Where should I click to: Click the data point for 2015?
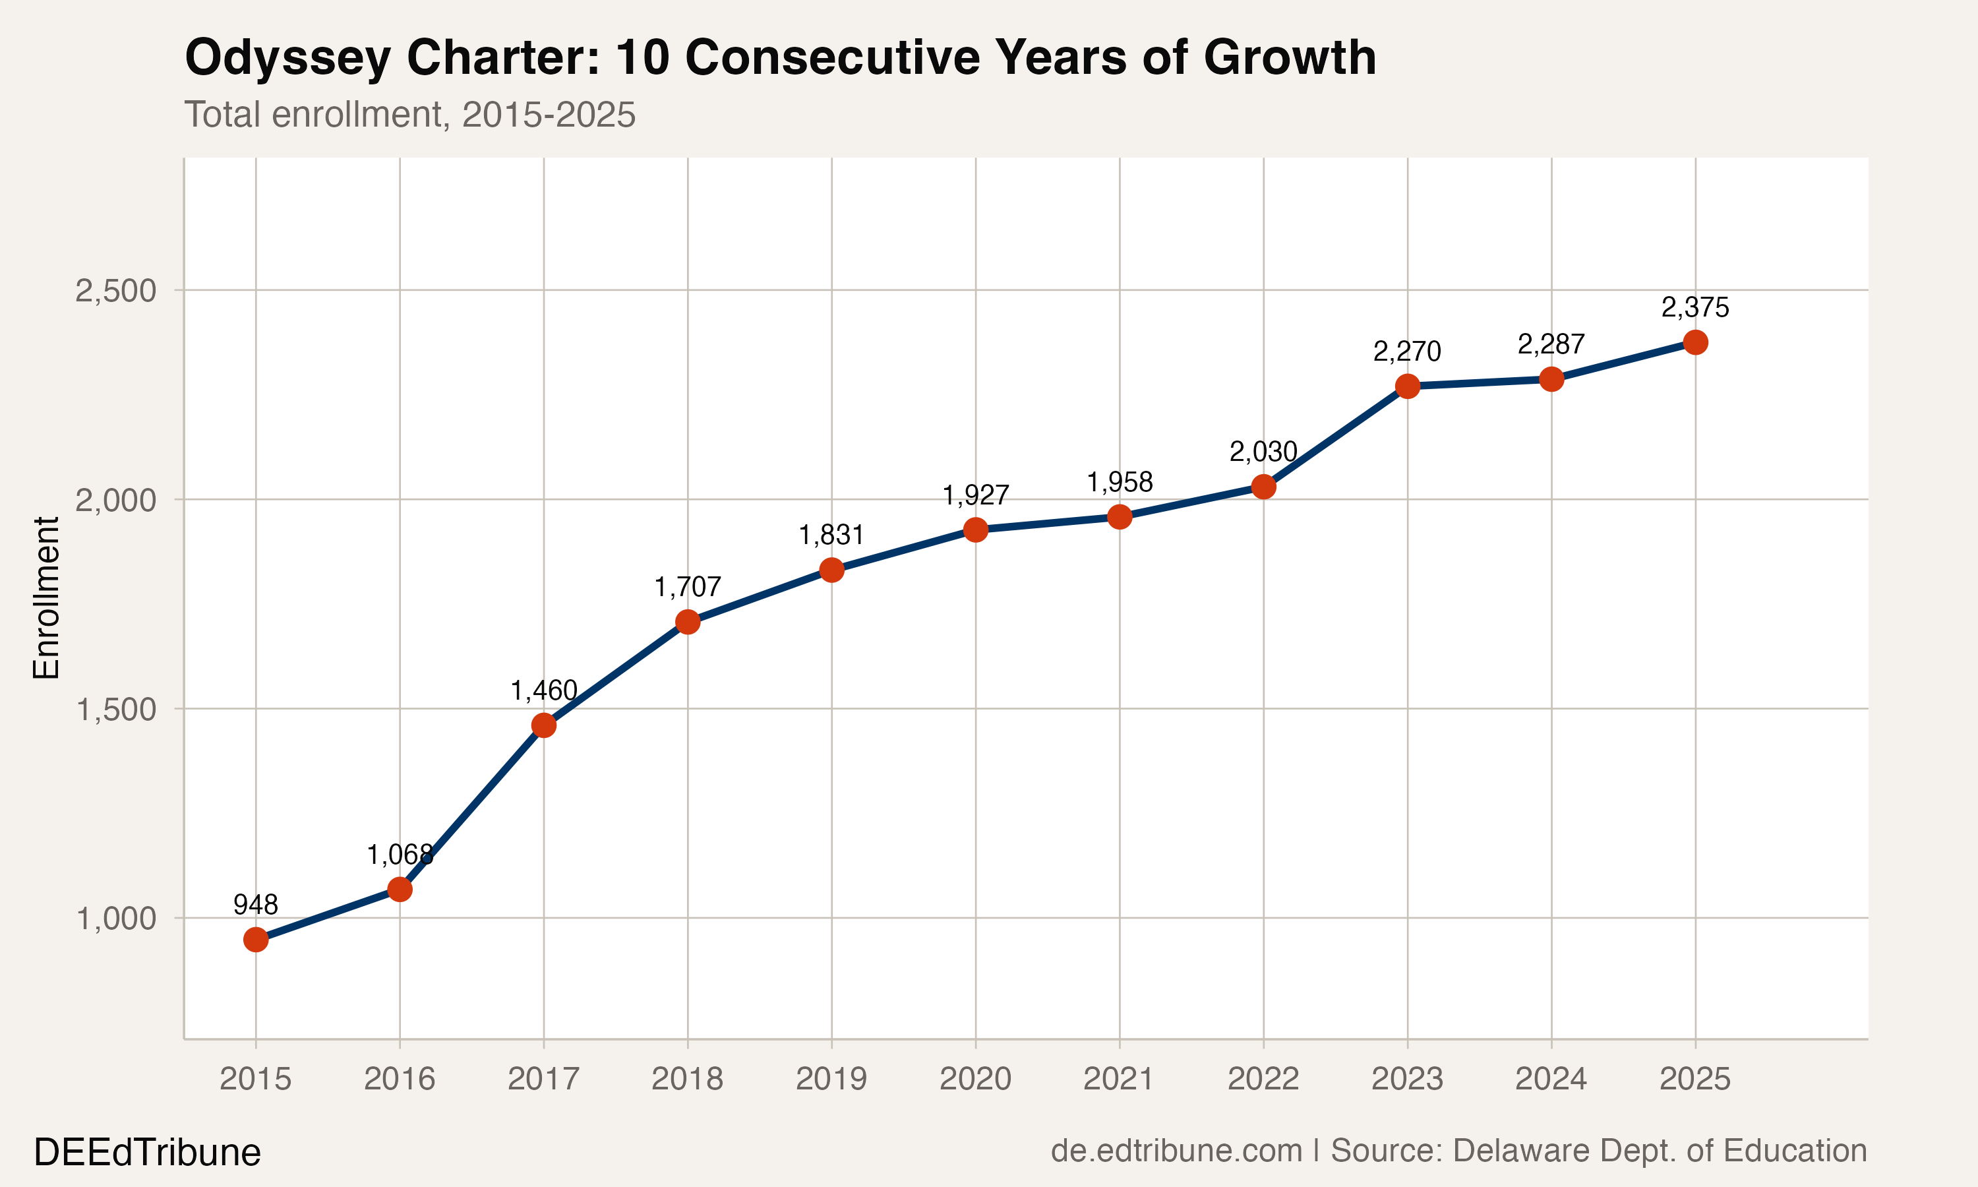click(x=256, y=939)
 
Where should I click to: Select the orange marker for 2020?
click(x=975, y=530)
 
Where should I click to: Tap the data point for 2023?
click(x=1407, y=386)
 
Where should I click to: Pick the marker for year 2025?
click(x=1695, y=342)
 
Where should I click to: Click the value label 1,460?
click(x=544, y=690)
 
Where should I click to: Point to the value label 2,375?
click(x=1695, y=307)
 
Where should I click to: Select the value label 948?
click(x=256, y=905)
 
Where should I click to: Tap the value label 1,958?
click(x=1120, y=482)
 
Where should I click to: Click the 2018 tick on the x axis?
click(x=688, y=1080)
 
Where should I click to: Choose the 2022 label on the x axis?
click(x=1263, y=1080)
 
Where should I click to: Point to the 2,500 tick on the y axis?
click(x=116, y=290)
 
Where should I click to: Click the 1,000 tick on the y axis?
click(x=116, y=918)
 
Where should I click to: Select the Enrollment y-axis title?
click(x=46, y=597)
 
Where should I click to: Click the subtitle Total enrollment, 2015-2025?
click(x=409, y=114)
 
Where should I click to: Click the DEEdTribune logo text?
click(x=147, y=1153)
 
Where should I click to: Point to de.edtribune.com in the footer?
click(x=1176, y=1151)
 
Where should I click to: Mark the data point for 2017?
click(x=544, y=725)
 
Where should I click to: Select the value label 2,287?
click(x=1551, y=345)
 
